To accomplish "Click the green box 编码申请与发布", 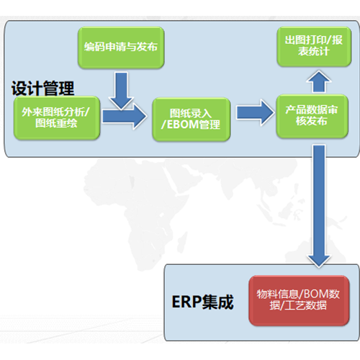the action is pyautogui.click(x=121, y=48).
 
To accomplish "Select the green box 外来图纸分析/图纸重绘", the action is pyautogui.click(x=57, y=118).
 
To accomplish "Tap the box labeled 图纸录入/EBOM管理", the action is pyautogui.click(x=192, y=120).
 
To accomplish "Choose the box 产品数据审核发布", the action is pyautogui.click(x=312, y=116).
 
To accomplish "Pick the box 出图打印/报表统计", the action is pyautogui.click(x=314, y=47).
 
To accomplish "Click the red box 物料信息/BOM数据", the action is pyautogui.click(x=299, y=300).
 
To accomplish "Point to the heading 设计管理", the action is pyautogui.click(x=42, y=89).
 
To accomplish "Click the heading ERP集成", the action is pyautogui.click(x=202, y=302).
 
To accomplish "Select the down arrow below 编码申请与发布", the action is pyautogui.click(x=122, y=91).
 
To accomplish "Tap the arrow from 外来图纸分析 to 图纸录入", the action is pyautogui.click(x=125, y=117).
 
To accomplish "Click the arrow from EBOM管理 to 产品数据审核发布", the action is pyautogui.click(x=255, y=112).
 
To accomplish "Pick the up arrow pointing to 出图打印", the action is pyautogui.click(x=319, y=81).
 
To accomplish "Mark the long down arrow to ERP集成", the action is pyautogui.click(x=319, y=206).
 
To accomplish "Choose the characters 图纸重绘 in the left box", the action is pyautogui.click(x=56, y=123).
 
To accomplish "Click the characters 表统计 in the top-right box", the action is pyautogui.click(x=314, y=52).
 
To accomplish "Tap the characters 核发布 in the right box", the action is pyautogui.click(x=312, y=121).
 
